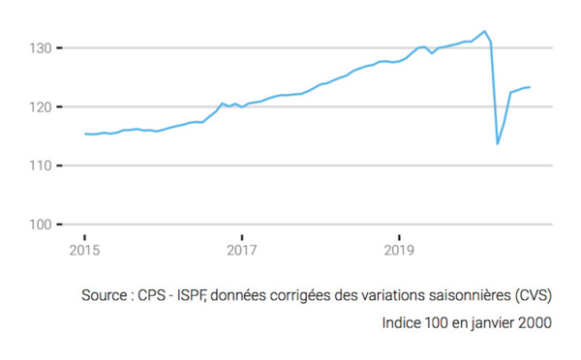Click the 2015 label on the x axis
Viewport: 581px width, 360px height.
(x=84, y=252)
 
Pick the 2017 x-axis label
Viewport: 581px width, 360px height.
(x=242, y=252)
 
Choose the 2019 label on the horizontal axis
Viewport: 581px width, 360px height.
(x=399, y=252)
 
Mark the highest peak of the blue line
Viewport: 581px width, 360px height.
(x=484, y=31)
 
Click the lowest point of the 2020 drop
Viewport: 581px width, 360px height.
(x=498, y=144)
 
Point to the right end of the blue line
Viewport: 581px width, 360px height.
(x=530, y=87)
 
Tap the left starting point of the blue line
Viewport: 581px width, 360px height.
(x=84, y=134)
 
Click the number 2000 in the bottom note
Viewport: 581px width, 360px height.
(x=534, y=322)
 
